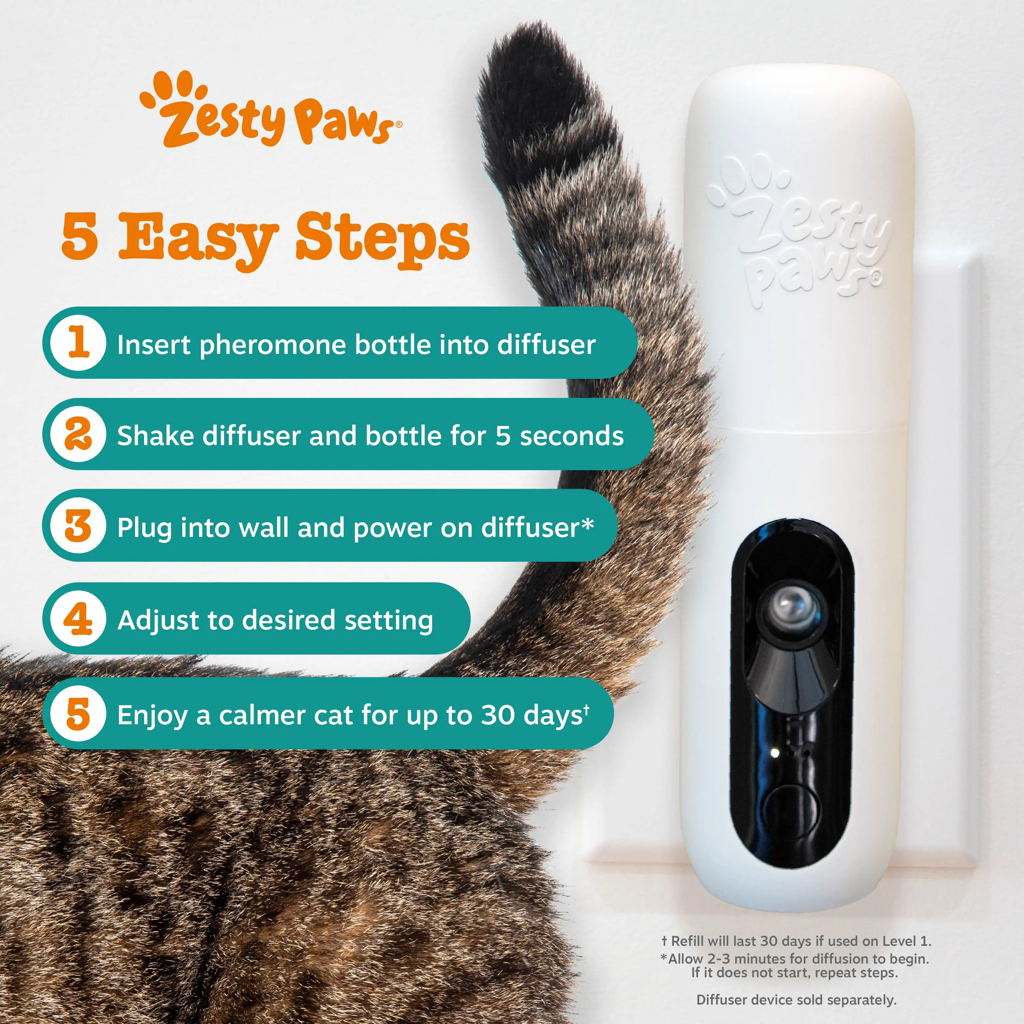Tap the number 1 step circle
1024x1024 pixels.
coord(79,342)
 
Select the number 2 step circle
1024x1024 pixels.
coord(79,434)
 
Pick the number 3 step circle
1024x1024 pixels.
coord(79,526)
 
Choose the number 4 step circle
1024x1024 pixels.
coord(79,618)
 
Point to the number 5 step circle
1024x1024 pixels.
coord(79,713)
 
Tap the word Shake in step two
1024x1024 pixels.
coord(156,436)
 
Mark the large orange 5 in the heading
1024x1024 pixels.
coord(80,237)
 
